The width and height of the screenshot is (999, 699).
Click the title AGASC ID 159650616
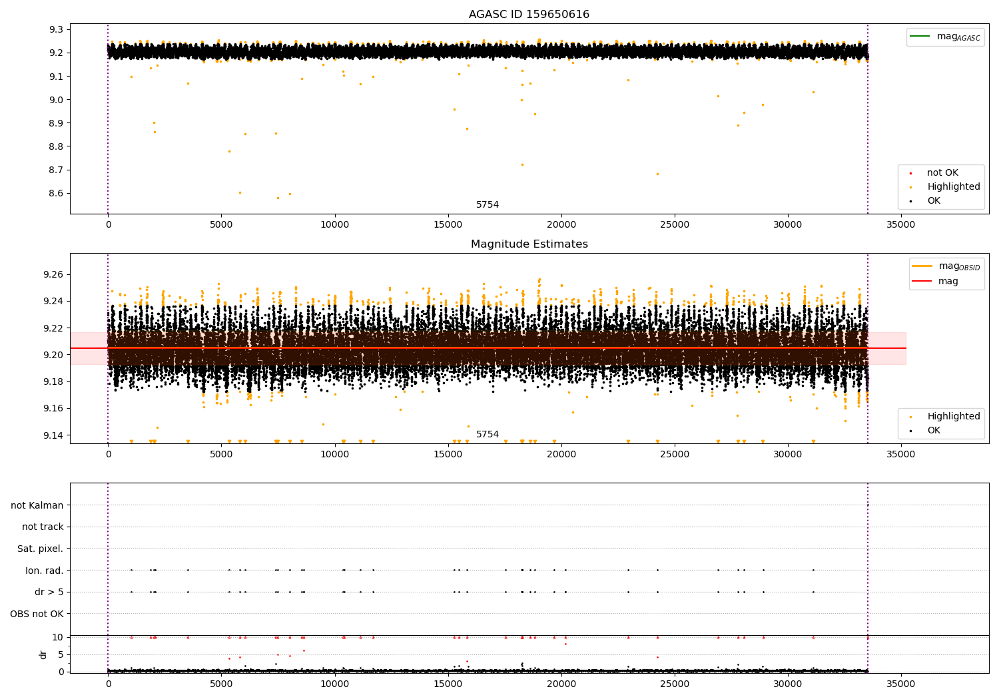[x=529, y=15]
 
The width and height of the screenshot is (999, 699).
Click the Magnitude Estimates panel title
[x=529, y=244]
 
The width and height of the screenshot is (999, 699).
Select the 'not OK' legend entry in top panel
[x=942, y=173]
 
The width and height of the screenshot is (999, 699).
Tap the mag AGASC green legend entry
[x=958, y=37]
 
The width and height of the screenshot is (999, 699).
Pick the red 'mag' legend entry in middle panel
[x=948, y=281]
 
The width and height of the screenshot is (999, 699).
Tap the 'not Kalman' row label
[x=37, y=505]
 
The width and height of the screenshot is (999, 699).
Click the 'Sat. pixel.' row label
[x=40, y=549]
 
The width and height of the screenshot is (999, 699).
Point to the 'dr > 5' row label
[x=49, y=592]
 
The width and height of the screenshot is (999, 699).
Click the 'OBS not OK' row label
[x=37, y=614]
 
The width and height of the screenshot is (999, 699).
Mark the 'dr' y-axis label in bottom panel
[x=43, y=654]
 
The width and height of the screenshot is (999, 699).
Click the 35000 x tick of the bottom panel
[x=901, y=683]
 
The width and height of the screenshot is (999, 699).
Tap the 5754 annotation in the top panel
[x=487, y=205]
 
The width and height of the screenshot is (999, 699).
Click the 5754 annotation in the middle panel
[x=487, y=435]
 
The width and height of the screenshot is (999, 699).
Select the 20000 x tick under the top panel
[x=561, y=225]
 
